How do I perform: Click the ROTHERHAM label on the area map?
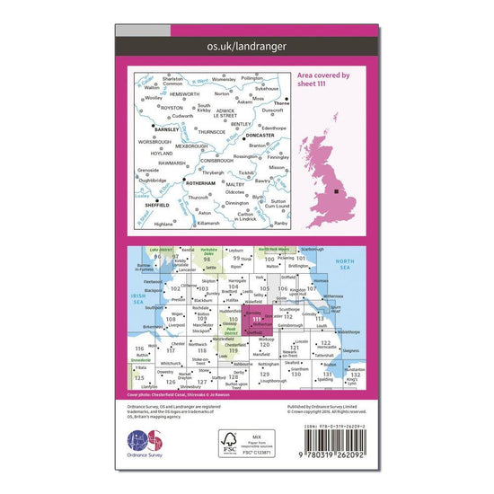click(199, 182)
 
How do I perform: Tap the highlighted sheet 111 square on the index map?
click(260, 319)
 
